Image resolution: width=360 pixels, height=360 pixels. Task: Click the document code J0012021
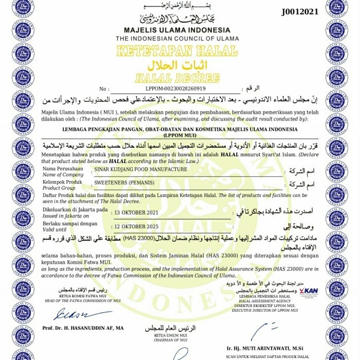pos(300,11)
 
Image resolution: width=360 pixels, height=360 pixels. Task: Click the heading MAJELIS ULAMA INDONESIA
pos(177,30)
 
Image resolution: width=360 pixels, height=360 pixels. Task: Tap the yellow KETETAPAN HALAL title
pos(177,51)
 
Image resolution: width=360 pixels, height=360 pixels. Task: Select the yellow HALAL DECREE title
pos(177,79)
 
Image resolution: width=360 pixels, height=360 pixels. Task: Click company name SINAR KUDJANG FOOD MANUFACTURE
pos(140,169)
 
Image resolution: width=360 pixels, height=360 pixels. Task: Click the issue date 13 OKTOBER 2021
pos(136,212)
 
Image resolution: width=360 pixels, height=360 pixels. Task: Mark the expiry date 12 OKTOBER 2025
pos(136,226)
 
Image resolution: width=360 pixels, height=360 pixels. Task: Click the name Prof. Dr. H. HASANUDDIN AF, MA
pos(83,328)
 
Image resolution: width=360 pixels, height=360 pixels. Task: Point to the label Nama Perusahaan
pos(62,169)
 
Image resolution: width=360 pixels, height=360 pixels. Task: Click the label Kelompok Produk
pos(62,182)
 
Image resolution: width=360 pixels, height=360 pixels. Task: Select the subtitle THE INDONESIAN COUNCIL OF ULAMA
pos(177,39)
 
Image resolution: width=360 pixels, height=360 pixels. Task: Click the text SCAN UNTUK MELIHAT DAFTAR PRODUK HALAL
pos(267,356)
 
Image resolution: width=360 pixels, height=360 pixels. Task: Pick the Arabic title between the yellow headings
pos(177,66)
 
